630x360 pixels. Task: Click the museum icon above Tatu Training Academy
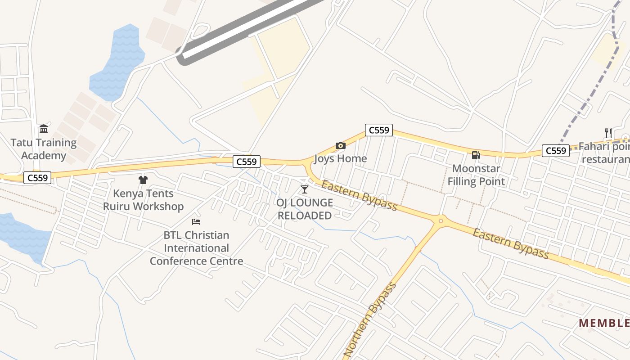44,130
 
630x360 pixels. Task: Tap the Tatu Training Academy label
44,149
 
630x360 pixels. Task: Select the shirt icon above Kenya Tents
143,180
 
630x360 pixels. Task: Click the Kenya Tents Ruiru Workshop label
143,200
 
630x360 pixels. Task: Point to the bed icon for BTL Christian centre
196,221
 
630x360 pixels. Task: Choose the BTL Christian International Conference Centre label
196,248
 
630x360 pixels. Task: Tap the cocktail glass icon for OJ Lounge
305,189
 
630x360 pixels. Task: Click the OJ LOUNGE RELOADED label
305,209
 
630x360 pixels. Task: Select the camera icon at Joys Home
341,145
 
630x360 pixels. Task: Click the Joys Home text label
340,159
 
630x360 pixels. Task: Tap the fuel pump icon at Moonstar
476,155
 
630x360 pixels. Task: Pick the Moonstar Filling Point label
476,175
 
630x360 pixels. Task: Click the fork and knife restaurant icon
608,133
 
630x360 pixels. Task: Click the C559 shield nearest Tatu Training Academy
38,178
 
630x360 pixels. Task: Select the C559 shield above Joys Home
378,130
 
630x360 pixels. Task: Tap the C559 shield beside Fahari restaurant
555,151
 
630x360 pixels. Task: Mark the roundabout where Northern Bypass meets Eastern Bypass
441,220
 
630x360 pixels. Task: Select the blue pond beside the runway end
118,63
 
